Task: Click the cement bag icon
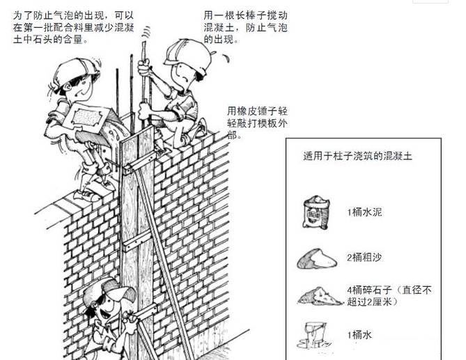click(x=316, y=212)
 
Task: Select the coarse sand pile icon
click(x=317, y=259)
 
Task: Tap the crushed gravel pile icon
click(x=319, y=296)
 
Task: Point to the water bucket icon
click(x=314, y=335)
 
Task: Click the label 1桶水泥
click(x=365, y=212)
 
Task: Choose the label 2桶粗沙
click(x=365, y=257)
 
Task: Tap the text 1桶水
click(x=359, y=335)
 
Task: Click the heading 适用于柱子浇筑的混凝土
click(x=358, y=156)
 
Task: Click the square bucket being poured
click(x=86, y=119)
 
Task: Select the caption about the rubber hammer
click(x=257, y=123)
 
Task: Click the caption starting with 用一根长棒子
click(x=245, y=27)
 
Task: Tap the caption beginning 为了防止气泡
click(x=73, y=27)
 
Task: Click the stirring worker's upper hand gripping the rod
click(x=144, y=68)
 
